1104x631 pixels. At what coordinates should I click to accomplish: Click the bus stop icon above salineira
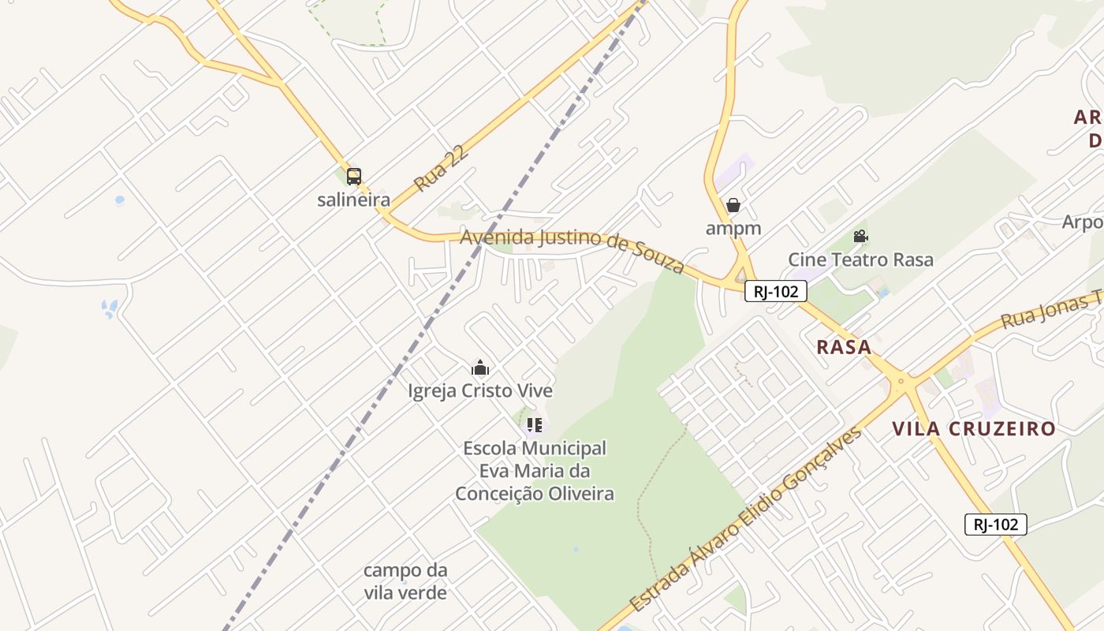click(354, 177)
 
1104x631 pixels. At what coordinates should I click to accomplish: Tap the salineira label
click(353, 200)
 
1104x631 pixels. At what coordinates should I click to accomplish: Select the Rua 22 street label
click(442, 168)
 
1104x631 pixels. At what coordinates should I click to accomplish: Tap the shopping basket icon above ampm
click(733, 205)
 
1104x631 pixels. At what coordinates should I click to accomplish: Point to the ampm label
click(733, 229)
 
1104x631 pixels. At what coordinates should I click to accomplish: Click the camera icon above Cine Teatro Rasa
click(860, 237)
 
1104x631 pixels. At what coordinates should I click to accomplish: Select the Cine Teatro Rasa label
click(860, 259)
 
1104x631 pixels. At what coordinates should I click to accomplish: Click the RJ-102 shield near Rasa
click(776, 291)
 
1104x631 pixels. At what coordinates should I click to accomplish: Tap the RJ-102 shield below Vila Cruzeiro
click(995, 524)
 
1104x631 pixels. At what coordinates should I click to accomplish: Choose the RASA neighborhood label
click(844, 347)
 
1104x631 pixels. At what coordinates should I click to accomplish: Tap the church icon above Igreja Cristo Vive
click(480, 368)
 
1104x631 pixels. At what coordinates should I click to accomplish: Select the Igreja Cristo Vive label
click(480, 390)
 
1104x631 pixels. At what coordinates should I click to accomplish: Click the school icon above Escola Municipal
click(535, 426)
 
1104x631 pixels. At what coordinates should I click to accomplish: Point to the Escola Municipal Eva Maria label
click(535, 471)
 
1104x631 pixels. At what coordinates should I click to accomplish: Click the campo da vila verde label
click(405, 581)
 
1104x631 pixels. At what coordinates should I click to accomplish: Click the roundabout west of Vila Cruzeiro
click(901, 383)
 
